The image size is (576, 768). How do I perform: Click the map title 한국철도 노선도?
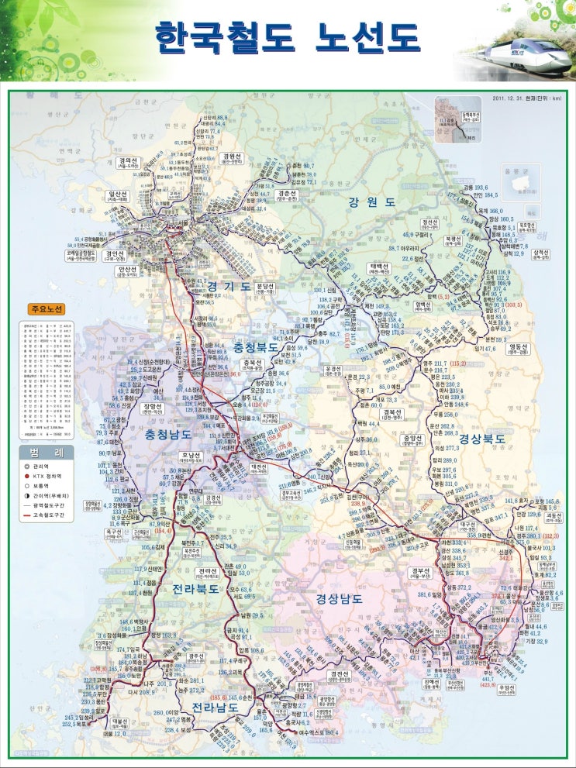click(x=287, y=37)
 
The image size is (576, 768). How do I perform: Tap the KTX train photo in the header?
click(x=516, y=54)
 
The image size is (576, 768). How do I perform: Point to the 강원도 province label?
click(x=372, y=202)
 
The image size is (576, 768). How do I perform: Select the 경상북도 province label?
click(x=481, y=439)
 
